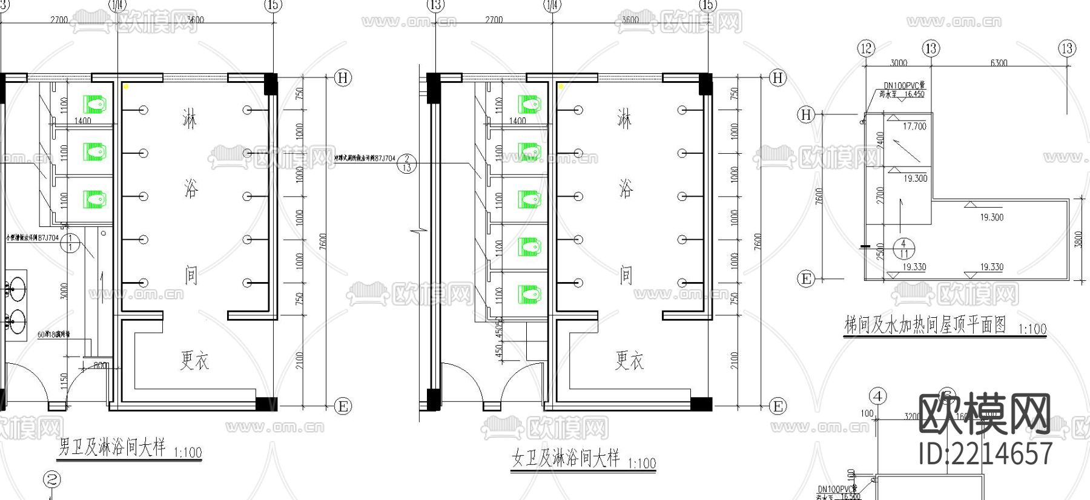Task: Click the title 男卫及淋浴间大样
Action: (x=112, y=447)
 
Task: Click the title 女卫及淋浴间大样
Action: (x=566, y=458)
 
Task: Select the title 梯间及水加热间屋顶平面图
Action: (x=925, y=325)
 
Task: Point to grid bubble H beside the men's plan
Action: (x=343, y=77)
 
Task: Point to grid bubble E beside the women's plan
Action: (x=778, y=406)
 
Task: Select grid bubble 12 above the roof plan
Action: (x=867, y=48)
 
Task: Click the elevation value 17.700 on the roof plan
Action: (x=914, y=127)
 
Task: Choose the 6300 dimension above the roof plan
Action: (x=998, y=62)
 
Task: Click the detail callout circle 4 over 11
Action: (x=903, y=248)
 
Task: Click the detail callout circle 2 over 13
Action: (x=406, y=163)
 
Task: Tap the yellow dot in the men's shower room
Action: (x=127, y=87)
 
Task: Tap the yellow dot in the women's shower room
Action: (x=561, y=87)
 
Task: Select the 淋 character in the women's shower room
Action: (x=624, y=118)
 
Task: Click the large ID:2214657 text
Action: (x=985, y=453)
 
